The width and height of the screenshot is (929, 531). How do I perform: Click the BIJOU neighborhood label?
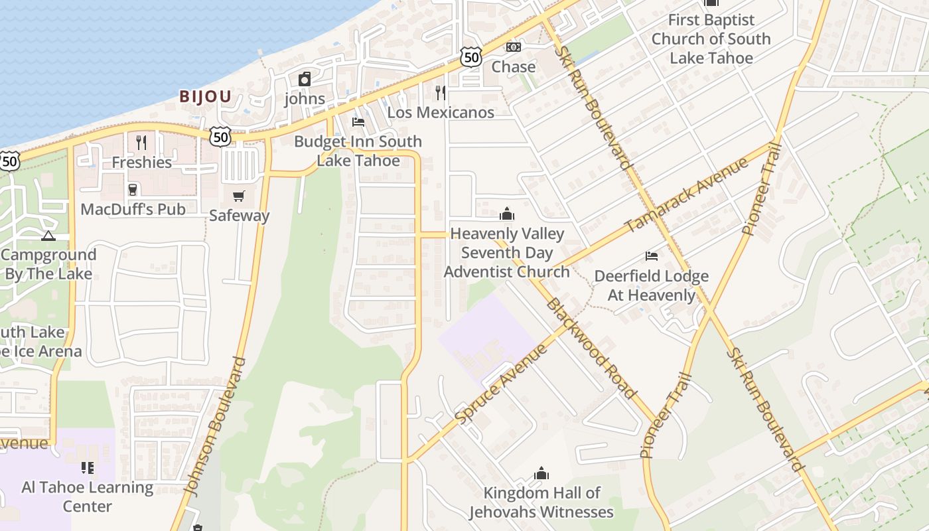(205, 97)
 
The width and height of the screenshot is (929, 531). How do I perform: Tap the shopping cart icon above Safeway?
(239, 196)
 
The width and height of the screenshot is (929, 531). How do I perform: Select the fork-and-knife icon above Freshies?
(141, 142)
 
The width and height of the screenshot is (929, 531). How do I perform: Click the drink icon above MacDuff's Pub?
(133, 190)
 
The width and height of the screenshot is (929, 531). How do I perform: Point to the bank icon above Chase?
(514, 47)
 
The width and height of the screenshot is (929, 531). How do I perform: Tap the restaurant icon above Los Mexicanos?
(440, 92)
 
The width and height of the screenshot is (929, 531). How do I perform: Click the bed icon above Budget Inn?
(358, 121)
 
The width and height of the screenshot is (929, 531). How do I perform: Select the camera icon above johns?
(305, 80)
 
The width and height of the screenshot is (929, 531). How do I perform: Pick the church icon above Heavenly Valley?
(507, 214)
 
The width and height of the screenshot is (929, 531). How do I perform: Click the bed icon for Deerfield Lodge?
(652, 256)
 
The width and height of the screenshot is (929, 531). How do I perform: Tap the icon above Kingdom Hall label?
(541, 473)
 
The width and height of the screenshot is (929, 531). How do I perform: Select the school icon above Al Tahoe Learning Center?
(87, 468)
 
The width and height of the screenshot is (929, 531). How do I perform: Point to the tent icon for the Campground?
(48, 236)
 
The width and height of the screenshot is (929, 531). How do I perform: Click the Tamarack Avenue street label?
(686, 194)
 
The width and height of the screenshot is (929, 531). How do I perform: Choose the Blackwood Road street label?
(591, 348)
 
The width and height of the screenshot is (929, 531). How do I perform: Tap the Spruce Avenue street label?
(500, 383)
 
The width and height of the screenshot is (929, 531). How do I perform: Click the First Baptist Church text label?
(711, 39)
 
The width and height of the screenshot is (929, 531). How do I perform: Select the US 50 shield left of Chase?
(470, 58)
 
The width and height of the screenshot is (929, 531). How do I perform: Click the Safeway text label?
(240, 216)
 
